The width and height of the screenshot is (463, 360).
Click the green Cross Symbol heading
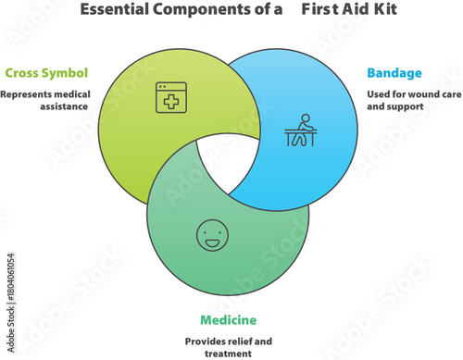[47, 72]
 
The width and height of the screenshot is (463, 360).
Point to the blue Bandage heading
[394, 72]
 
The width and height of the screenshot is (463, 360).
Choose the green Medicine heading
[227, 320]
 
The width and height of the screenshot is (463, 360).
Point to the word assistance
[86, 106]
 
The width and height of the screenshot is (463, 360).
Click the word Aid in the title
[337, 11]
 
